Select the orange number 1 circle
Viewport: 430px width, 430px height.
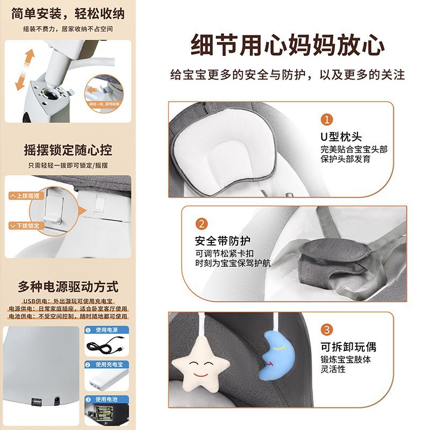point(326,119)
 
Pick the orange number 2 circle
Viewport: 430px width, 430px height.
point(200,224)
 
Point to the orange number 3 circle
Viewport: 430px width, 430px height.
point(326,329)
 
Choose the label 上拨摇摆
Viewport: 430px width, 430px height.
point(26,196)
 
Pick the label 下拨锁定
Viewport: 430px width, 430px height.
point(26,226)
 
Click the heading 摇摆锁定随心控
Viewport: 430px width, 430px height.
point(68,149)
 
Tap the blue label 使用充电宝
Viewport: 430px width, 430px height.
point(109,364)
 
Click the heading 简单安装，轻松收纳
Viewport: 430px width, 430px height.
point(68,12)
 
